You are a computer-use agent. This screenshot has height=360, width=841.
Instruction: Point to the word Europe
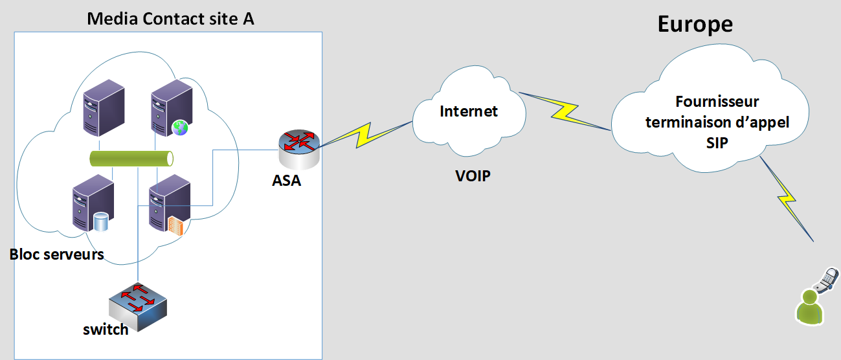(695, 25)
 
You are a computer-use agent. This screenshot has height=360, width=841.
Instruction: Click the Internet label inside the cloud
(469, 111)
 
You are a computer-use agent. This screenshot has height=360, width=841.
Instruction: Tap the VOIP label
(472, 175)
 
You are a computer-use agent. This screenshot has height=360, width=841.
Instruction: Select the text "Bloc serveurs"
(57, 254)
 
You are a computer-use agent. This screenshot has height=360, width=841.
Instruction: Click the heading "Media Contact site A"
(170, 19)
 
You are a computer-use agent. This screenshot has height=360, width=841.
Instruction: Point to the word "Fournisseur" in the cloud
(717, 102)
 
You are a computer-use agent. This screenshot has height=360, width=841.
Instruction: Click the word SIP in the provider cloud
(717, 143)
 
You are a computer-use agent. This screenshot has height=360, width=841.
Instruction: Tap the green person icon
(809, 306)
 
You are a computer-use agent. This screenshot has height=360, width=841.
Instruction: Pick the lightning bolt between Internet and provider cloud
(565, 109)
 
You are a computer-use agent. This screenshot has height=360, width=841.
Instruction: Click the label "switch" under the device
(106, 329)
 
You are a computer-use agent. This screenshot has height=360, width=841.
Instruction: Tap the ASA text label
(286, 181)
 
